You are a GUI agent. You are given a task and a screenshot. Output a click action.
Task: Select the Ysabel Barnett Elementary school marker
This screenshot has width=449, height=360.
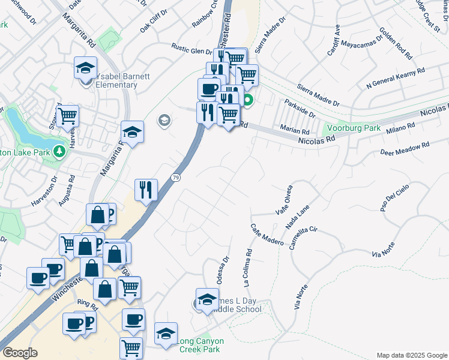(x=86, y=68)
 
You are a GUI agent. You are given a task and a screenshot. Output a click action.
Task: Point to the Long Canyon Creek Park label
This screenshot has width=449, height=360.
(x=200, y=345)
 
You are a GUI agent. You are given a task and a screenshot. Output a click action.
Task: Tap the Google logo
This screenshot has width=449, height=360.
(x=20, y=353)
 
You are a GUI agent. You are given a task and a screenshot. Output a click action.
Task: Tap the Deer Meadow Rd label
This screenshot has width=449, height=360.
(x=405, y=149)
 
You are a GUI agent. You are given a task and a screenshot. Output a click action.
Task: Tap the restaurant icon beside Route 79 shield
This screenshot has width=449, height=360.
(x=146, y=190)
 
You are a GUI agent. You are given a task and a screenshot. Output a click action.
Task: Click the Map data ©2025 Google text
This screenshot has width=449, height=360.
(x=412, y=355)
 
